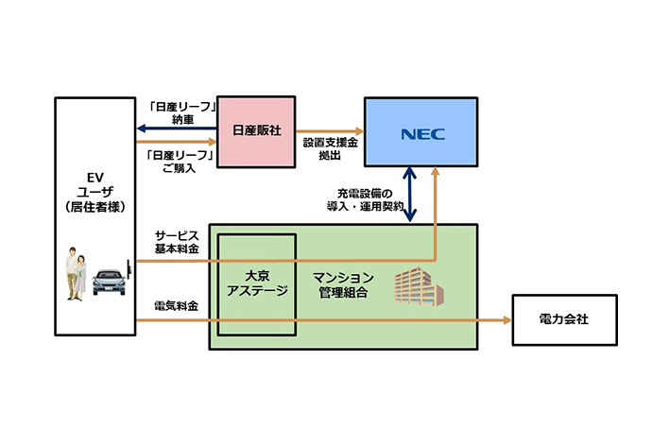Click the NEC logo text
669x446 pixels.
421,132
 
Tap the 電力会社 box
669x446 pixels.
564,320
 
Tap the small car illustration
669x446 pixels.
110,281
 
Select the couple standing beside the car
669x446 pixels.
77,274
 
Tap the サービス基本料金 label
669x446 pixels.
178,241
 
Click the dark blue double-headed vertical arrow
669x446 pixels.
410,194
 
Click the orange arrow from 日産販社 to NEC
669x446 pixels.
330,132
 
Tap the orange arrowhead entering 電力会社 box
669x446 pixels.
506,321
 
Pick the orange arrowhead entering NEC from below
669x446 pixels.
436,174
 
